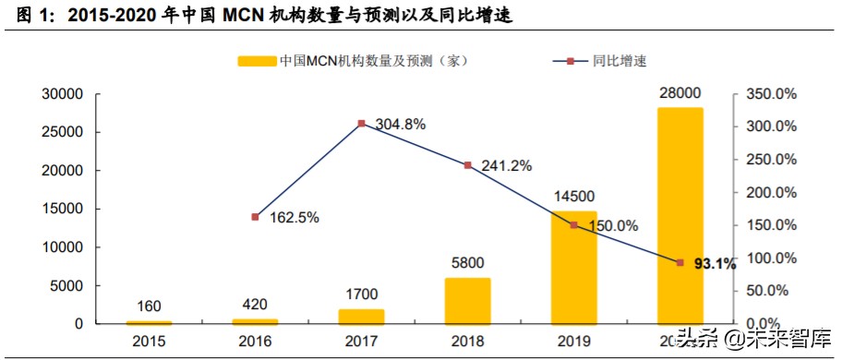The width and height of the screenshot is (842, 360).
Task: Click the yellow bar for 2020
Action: tap(680, 216)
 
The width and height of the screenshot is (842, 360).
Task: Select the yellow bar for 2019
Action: tap(573, 269)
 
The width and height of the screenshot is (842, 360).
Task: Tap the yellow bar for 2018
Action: tap(467, 301)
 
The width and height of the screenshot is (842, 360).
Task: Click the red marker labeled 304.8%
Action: tap(361, 123)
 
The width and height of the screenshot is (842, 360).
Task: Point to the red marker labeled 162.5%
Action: tap(255, 217)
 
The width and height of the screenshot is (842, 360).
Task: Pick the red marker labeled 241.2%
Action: tap(467, 165)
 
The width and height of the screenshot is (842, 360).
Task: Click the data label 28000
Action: tap(680, 94)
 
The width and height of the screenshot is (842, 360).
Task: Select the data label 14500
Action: tap(573, 197)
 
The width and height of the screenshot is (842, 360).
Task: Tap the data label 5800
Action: tap(467, 262)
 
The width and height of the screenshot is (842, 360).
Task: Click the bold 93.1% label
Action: tap(715, 264)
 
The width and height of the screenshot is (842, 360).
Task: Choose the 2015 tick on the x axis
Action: tap(149, 342)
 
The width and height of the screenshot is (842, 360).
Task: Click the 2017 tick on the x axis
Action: tap(361, 342)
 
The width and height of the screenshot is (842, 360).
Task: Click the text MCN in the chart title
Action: tap(241, 16)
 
